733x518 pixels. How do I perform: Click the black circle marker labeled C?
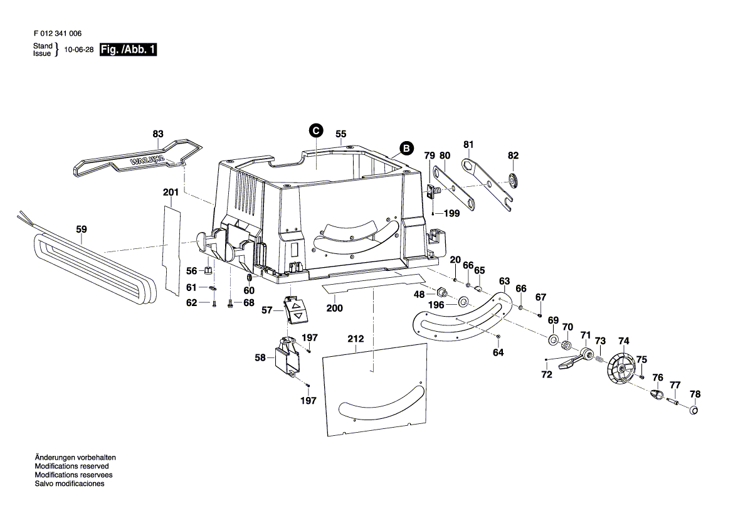tap(316, 130)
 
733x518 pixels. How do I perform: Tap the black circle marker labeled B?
tap(406, 149)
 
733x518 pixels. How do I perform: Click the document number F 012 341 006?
tap(56, 34)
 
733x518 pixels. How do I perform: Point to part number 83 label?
tap(157, 134)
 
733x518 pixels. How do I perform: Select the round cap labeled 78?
tap(694, 410)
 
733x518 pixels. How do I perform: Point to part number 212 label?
tap(356, 340)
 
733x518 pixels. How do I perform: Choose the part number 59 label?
tap(82, 230)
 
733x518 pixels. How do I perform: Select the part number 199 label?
tap(451, 213)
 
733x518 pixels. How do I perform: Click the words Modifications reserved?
tap(71, 467)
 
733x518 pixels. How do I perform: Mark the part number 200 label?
tap(335, 308)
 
